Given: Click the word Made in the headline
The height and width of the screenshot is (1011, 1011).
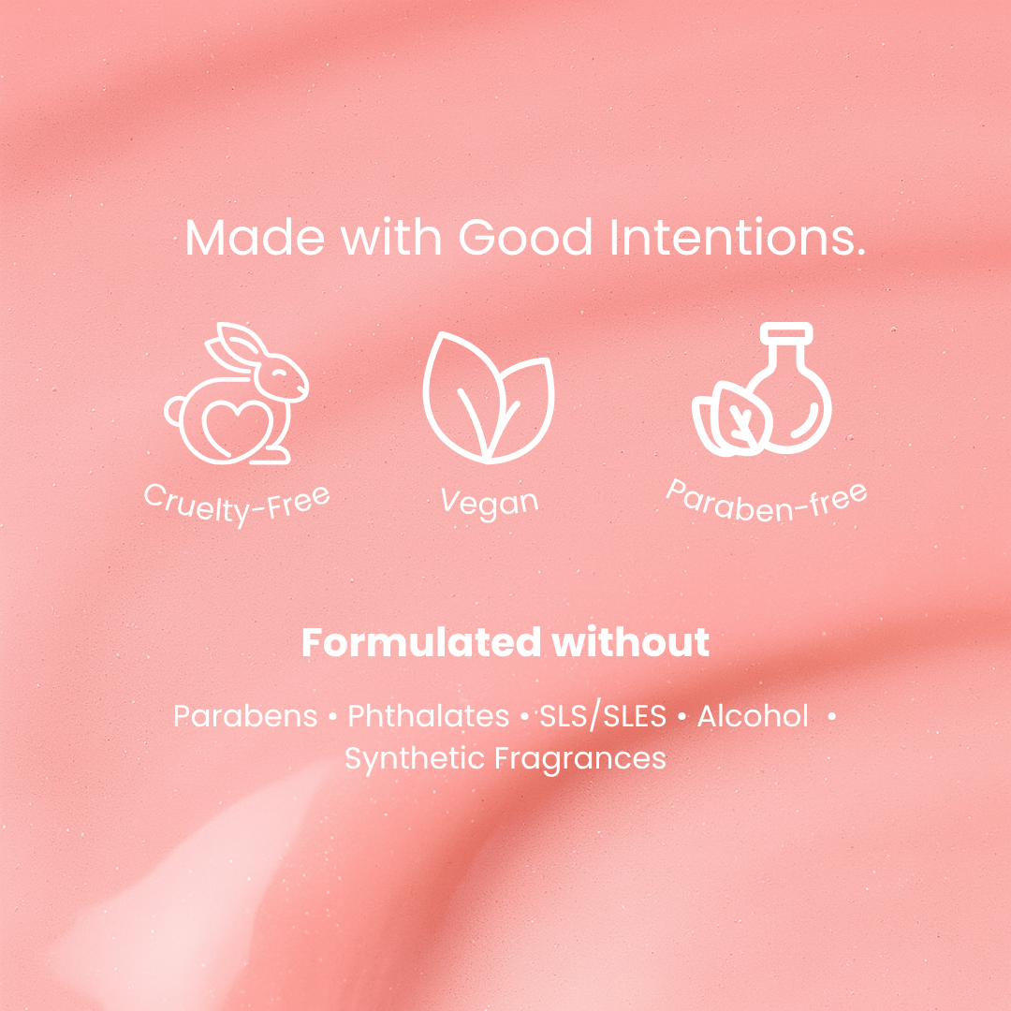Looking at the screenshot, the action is (255, 237).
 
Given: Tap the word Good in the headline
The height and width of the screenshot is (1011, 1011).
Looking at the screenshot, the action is (525, 237).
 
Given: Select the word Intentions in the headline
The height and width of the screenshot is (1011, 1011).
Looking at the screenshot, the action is (737, 237).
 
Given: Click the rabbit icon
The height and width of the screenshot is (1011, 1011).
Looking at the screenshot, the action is (237, 393).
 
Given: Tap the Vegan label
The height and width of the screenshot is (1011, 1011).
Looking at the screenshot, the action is (490, 504).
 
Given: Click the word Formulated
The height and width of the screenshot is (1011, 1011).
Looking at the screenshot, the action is (421, 642).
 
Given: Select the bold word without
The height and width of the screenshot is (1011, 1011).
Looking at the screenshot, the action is (631, 642).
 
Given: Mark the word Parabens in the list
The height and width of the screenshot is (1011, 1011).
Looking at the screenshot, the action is (245, 716).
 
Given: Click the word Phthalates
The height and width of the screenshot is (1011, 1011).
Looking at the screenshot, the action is (429, 716).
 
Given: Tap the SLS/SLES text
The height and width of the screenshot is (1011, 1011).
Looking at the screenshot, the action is (603, 716).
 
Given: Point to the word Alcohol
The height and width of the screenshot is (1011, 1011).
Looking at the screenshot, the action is (753, 716).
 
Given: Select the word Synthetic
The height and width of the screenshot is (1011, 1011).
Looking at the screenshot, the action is (415, 759).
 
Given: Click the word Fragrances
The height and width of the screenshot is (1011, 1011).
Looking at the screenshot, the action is (580, 759).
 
